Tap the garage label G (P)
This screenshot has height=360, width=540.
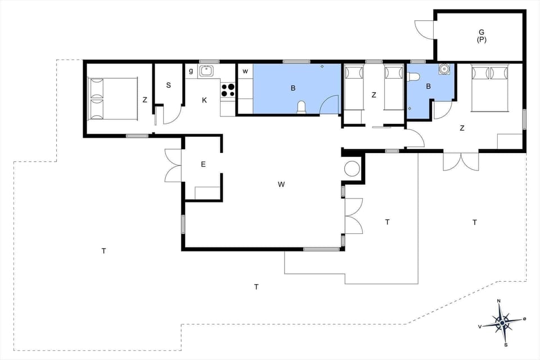[x=481, y=36]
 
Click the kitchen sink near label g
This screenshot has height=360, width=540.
[x=206, y=70]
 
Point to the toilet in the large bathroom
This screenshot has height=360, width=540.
[x=301, y=107]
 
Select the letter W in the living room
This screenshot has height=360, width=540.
[x=281, y=184]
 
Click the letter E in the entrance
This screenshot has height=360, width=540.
[x=203, y=164]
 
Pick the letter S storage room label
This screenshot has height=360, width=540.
[x=168, y=85]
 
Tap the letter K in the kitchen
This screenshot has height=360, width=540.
[x=204, y=100]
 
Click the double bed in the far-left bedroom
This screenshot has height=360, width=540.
[x=112, y=98]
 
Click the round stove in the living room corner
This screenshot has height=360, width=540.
[x=353, y=169]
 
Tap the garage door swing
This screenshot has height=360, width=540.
[x=424, y=29]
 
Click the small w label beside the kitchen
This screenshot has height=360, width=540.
[x=245, y=71]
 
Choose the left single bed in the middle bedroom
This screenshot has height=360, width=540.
[x=354, y=87]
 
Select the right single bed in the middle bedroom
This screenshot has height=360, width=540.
[x=393, y=87]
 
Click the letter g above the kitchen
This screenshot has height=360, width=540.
[x=191, y=71]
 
